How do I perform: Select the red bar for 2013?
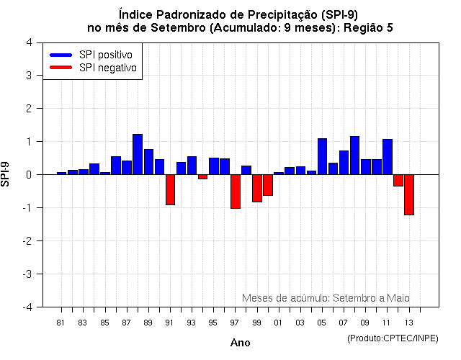tap(409, 194)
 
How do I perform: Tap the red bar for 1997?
tap(235, 192)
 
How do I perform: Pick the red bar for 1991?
tap(170, 189)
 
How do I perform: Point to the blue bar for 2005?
tap(322, 156)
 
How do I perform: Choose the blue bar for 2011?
tap(388, 157)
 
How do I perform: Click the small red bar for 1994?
tap(202, 176)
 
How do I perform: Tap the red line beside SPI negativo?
tap(61, 68)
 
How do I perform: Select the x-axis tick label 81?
tap(61, 323)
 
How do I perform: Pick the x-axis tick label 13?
tap(409, 323)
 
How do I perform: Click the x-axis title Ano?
tap(240, 343)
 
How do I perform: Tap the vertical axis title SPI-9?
tap(8, 174)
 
